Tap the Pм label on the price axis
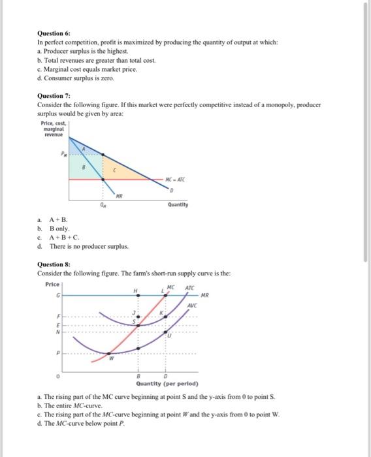[64, 155]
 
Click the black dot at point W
[108, 353]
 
